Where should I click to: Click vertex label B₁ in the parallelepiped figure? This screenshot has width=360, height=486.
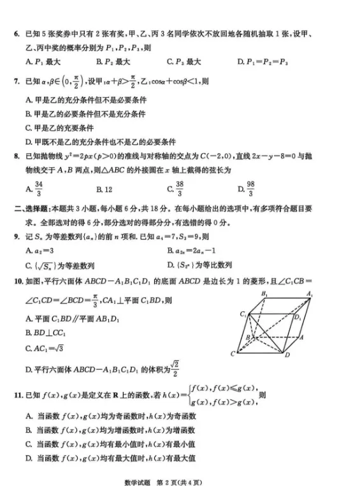[x=264, y=293]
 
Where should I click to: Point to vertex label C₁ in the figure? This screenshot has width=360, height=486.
[x=243, y=314]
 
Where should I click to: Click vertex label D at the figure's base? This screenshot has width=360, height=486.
[x=287, y=355]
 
